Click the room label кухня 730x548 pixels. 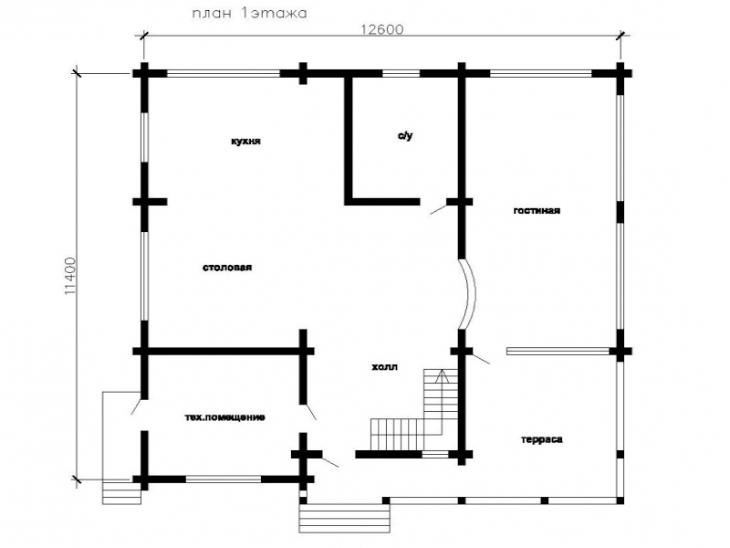pyautogui.click(x=245, y=141)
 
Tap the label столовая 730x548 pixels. pyautogui.click(x=227, y=268)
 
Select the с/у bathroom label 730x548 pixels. pyautogui.click(x=405, y=135)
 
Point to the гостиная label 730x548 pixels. pyautogui.click(x=537, y=210)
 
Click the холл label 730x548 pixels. pyautogui.click(x=384, y=367)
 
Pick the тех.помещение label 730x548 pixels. pyautogui.click(x=224, y=417)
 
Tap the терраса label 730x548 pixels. pyautogui.click(x=541, y=439)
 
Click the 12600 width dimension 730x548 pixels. pyautogui.click(x=382, y=29)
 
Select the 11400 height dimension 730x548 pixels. pyautogui.click(x=69, y=276)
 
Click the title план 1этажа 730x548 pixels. pyautogui.click(x=249, y=13)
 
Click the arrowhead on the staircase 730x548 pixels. pyautogui.click(x=442, y=375)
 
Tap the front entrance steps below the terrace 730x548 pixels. pyautogui.click(x=344, y=518)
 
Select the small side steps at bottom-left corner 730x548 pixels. pyautogui.click(x=121, y=493)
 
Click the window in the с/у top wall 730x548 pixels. pyautogui.click(x=401, y=73)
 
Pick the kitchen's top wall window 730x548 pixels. pyautogui.click(x=224, y=73)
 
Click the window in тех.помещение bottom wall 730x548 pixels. pyautogui.click(x=223, y=479)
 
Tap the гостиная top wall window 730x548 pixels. pyautogui.click(x=540, y=73)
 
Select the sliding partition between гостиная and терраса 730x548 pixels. pyautogui.click(x=558, y=351)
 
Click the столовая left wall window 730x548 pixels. pyautogui.click(x=144, y=276)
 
